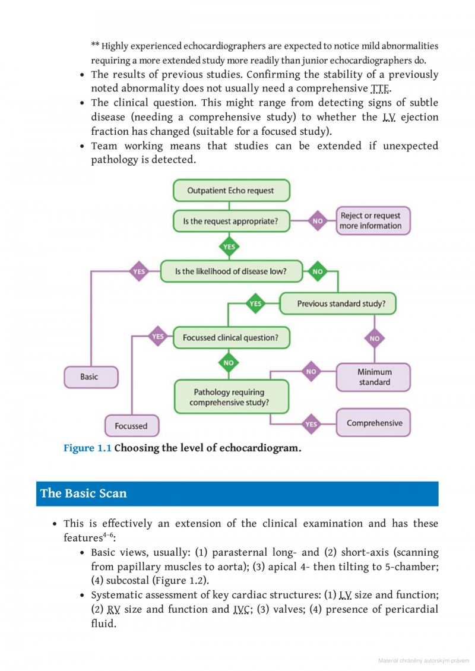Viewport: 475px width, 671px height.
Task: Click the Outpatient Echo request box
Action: pos(231,191)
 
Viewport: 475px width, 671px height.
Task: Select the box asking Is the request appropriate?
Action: pos(231,221)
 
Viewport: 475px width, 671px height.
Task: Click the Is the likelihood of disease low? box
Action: pos(231,271)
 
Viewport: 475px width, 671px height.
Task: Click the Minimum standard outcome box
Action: pos(374,377)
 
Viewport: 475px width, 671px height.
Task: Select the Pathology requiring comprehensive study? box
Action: pos(231,397)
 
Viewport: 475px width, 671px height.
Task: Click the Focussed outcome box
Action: pos(131,426)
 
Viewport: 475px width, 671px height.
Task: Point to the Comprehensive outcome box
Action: pos(374,423)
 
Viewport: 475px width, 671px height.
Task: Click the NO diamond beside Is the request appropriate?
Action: pos(318,221)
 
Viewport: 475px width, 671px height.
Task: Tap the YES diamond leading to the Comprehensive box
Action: pos(311,424)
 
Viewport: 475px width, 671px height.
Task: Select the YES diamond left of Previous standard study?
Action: pos(255,303)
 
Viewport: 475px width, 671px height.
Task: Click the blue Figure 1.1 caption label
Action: pos(87,448)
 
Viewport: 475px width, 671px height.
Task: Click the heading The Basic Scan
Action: pos(83,493)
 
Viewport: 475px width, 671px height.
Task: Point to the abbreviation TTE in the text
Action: pos(380,89)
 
